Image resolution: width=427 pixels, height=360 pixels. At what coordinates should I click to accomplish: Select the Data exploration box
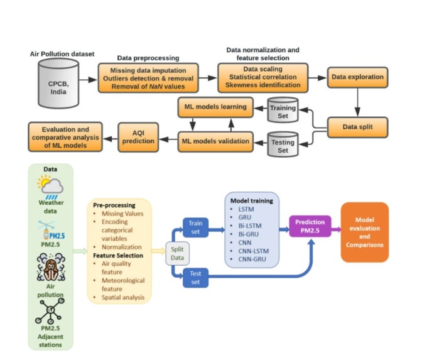(357, 78)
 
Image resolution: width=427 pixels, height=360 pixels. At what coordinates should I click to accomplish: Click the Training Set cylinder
(283, 112)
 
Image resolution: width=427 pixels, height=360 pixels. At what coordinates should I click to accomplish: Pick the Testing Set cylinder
(283, 146)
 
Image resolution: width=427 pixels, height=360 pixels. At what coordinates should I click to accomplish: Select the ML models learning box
(215, 107)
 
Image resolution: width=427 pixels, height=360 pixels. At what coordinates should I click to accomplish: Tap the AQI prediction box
(139, 137)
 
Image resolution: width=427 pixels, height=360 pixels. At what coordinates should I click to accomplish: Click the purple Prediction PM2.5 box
(309, 227)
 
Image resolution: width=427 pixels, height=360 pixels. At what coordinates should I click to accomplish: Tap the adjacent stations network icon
(51, 311)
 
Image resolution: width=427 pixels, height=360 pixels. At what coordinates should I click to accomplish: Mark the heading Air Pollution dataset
(62, 54)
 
